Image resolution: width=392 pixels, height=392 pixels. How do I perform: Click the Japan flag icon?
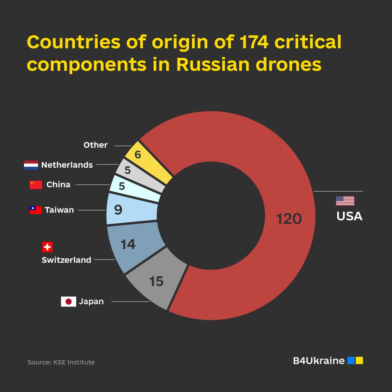click(68, 301)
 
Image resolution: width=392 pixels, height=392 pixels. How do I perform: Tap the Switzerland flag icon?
click(47, 247)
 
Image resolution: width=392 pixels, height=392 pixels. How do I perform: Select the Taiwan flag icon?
click(36, 210)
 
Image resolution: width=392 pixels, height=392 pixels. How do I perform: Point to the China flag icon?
click(36, 185)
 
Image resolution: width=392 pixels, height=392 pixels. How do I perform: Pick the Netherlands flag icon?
click(31, 165)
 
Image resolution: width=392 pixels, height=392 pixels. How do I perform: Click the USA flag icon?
click(345, 201)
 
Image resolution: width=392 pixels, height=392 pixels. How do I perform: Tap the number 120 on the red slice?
click(289, 219)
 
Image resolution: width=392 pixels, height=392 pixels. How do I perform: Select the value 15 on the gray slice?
click(156, 281)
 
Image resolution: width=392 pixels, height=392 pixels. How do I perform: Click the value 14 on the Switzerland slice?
click(128, 244)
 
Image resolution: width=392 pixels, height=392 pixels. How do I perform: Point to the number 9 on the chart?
click(118, 210)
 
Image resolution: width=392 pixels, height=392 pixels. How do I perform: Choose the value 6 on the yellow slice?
click(138, 154)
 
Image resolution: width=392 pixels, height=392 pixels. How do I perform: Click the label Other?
click(95, 145)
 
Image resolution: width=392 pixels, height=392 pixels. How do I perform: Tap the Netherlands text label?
click(67, 165)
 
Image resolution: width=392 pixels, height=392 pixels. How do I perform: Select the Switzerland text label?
click(66, 260)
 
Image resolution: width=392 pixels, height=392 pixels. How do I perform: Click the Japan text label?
click(91, 301)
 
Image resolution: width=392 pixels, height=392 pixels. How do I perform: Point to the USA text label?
click(349, 216)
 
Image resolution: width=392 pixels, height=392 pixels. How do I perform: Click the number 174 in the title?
click(250, 42)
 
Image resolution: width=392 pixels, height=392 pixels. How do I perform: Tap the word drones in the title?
click(289, 64)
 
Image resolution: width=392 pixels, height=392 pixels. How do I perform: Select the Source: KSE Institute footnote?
click(61, 362)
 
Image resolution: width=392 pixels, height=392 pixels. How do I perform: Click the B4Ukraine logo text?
click(318, 361)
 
